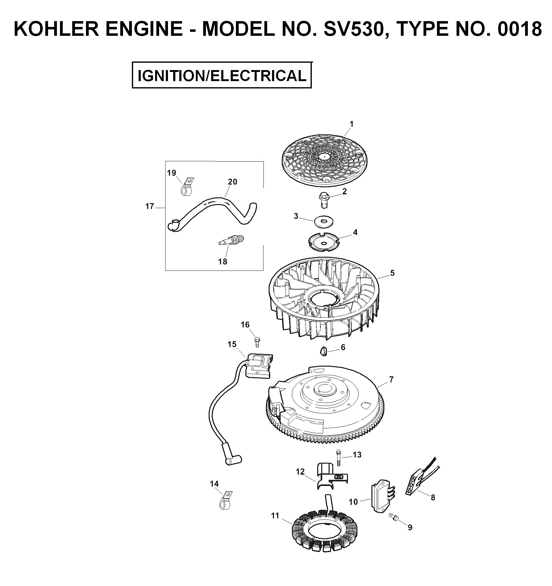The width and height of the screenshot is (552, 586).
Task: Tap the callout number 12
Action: pyautogui.click(x=300, y=472)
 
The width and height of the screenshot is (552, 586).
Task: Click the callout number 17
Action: pyautogui.click(x=150, y=207)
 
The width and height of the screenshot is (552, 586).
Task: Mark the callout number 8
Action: pyautogui.click(x=433, y=498)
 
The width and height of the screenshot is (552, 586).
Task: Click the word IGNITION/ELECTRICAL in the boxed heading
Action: pyautogui.click(x=222, y=76)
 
